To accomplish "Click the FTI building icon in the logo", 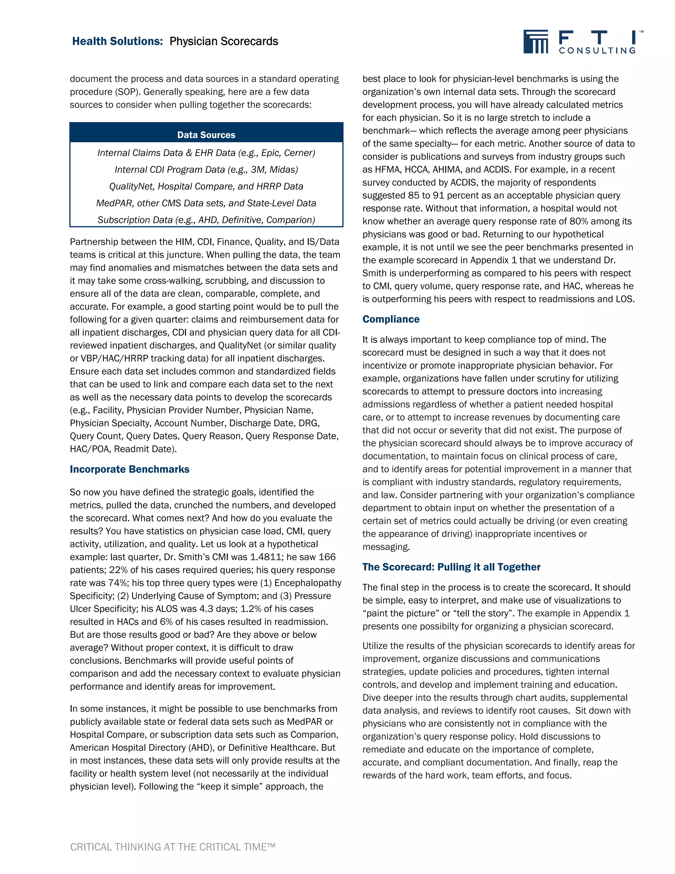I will (536, 42).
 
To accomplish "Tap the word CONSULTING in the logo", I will (597, 50).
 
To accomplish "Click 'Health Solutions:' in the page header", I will (118, 41).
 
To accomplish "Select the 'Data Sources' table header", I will (206, 135).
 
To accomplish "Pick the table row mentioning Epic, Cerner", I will (206, 153).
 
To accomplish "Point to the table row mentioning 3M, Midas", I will (206, 170).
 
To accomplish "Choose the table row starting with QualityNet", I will (206, 186).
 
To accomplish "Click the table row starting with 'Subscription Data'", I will (206, 220).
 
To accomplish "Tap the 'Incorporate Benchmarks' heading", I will (130, 469).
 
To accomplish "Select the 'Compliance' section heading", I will (391, 319).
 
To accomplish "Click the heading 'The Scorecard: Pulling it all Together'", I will (451, 567).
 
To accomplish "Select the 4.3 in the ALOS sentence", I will (201, 609).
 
